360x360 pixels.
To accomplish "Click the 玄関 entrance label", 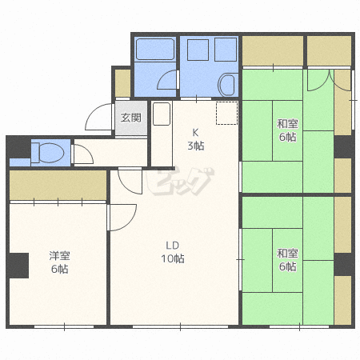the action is [130, 118].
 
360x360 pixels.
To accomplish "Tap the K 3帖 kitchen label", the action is [196, 139].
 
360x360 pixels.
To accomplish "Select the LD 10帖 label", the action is [173, 252].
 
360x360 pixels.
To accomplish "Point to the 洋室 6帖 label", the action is [59, 262].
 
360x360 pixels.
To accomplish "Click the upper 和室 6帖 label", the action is [287, 130].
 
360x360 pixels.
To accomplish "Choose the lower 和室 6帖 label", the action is [287, 260].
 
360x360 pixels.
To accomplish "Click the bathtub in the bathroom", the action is [155, 49].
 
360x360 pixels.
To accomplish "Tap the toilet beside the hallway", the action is [49, 153].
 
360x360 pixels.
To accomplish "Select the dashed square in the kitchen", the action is [226, 113].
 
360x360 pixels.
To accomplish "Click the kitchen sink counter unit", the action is [162, 114].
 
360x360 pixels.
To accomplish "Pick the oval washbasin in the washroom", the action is [226, 85].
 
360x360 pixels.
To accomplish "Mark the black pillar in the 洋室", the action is [18, 266].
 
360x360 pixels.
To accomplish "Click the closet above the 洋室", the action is [58, 185].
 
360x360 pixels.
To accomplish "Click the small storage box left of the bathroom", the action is [122, 83].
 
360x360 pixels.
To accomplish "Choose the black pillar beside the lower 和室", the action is [344, 265].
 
